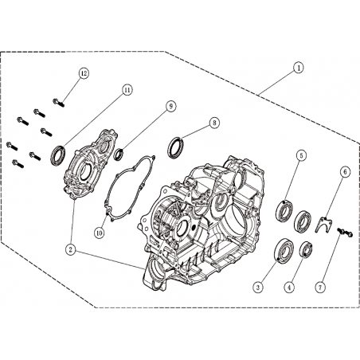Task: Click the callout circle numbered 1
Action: pos(299,68)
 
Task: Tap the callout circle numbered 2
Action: pos(71,249)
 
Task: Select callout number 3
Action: pos(258,287)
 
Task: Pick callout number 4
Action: pos(289,287)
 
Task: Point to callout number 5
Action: pos(301,155)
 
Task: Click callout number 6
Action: pos(345,172)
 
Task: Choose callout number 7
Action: pos(320,287)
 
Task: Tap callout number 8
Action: pos(214,123)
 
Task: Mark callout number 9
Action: pos(170,107)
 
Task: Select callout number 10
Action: pos(100,233)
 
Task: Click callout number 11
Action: pos(127,90)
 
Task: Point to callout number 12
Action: pos(84,73)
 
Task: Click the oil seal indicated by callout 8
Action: pos(175,148)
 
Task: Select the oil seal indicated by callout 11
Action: pos(58,155)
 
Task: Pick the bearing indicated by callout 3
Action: pos(284,248)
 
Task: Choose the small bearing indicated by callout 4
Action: pos(306,249)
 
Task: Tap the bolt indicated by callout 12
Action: pos(59,103)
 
